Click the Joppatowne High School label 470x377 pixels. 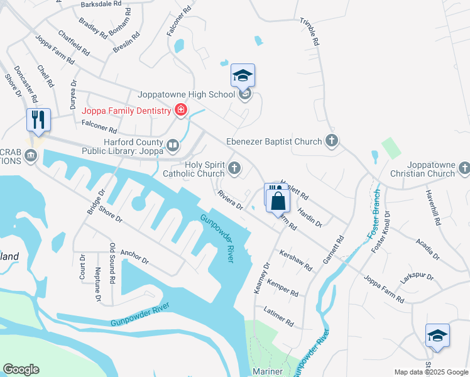coord(187,95)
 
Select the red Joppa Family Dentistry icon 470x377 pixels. coord(181,111)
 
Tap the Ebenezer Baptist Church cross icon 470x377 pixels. coord(332,142)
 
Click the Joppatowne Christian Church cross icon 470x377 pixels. coord(464,168)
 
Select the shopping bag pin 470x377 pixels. coord(278,202)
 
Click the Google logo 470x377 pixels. coord(21,369)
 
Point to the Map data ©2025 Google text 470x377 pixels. coord(430,371)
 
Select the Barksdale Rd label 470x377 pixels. coord(101,4)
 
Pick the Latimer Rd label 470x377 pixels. coord(280,316)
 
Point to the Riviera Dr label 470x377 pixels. coord(230,201)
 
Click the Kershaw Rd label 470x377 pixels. coord(297,261)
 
